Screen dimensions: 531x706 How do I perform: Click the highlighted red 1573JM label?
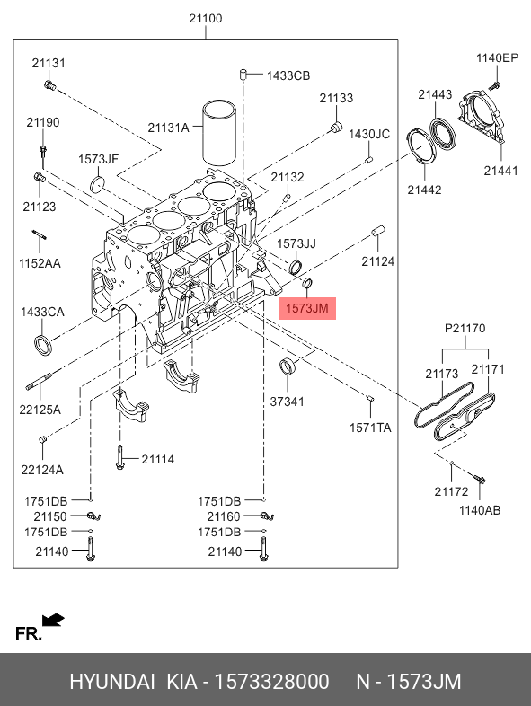coord(307,308)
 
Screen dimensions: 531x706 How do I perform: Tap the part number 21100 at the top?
coord(206,19)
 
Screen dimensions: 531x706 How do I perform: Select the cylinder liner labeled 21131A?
coord(219,133)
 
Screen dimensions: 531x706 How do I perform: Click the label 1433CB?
coord(288,75)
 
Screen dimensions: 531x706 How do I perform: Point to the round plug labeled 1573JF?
coord(98,185)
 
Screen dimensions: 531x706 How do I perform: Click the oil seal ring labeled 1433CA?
coord(43,344)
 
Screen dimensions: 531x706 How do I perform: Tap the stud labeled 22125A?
coord(40,380)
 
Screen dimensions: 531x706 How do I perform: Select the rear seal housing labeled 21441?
coord(481,115)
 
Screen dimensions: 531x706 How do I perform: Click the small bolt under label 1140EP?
coord(495,84)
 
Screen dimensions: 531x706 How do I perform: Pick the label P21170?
coord(465,328)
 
